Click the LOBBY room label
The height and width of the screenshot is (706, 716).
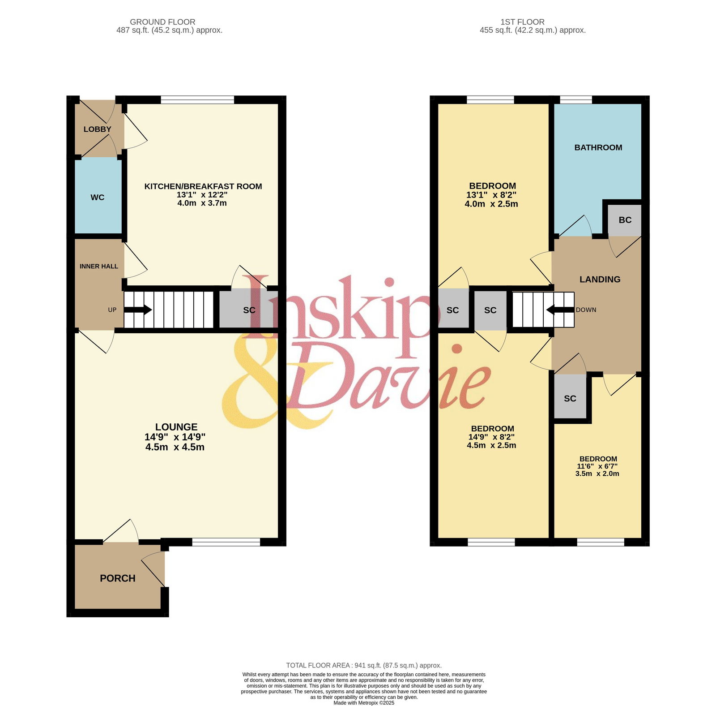(97, 129)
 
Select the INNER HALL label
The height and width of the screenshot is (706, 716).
(99, 266)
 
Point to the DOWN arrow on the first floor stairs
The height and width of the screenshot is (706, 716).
(560, 310)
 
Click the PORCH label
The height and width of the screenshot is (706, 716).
(118, 578)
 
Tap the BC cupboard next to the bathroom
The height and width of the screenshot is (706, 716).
(625, 220)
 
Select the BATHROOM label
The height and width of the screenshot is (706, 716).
(598, 147)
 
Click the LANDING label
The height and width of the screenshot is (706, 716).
(600, 279)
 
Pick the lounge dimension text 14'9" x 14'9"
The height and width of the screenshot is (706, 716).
(175, 437)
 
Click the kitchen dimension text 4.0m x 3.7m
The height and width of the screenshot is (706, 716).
(202, 203)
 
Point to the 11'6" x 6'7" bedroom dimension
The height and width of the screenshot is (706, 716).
(597, 466)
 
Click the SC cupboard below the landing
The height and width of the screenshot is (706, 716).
(570, 398)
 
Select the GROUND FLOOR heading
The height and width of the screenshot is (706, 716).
(162, 22)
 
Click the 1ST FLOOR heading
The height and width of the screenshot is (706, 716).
(523, 22)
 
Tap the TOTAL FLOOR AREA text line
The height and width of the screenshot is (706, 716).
(364, 666)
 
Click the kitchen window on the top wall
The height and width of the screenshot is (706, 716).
(197, 99)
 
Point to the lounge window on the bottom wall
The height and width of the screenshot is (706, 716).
(226, 542)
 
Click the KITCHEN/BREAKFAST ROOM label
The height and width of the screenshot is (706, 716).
(203, 186)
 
